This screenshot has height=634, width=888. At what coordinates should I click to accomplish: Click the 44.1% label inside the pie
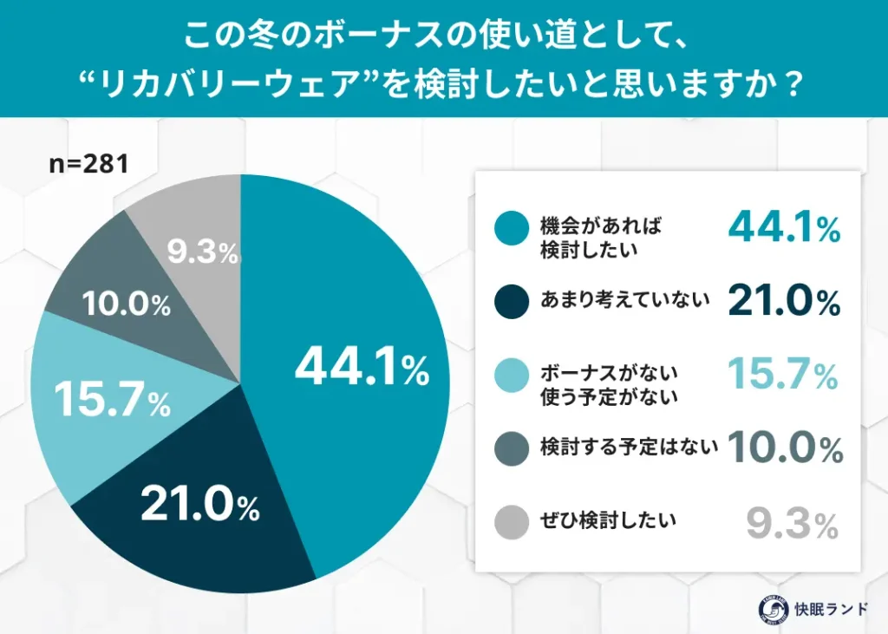coord(362,368)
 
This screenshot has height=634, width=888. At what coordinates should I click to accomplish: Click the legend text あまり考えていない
coord(625,301)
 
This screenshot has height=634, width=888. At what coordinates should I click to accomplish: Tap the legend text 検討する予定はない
coord(629,448)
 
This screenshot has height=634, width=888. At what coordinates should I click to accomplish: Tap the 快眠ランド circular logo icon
coord(767,608)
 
